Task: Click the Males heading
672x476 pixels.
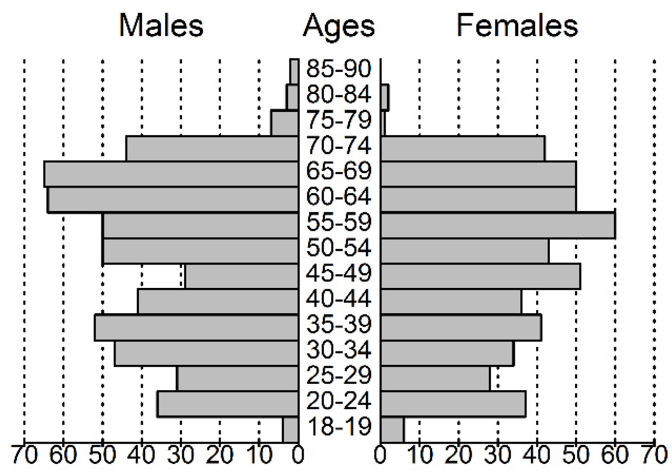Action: click(x=161, y=26)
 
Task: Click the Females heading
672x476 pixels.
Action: click(x=517, y=26)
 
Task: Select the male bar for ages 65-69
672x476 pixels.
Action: click(x=171, y=174)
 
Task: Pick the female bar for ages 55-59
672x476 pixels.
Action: click(x=498, y=225)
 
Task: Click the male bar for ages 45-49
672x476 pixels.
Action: click(x=242, y=276)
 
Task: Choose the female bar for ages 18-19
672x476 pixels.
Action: click(x=392, y=429)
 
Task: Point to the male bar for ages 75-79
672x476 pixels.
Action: click(x=285, y=123)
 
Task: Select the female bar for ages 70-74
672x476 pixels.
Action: click(x=463, y=148)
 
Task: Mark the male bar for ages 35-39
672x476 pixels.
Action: click(x=197, y=328)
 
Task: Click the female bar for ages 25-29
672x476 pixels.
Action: click(x=435, y=378)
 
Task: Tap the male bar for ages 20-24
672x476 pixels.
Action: click(x=228, y=404)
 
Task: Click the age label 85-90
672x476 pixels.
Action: click(x=339, y=68)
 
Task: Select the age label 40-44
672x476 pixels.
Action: click(x=339, y=298)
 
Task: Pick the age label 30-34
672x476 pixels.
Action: click(x=339, y=350)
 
